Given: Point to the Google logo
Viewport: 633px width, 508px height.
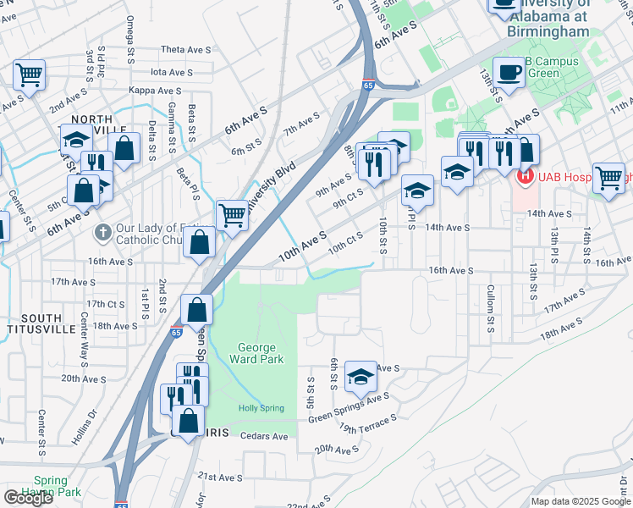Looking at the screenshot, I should pos(28,498).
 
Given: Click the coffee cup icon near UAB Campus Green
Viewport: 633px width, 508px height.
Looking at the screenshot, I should pos(509,72).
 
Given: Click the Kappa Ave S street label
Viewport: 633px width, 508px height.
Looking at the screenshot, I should pos(156,91).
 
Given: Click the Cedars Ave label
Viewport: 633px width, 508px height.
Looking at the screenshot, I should pos(264,436).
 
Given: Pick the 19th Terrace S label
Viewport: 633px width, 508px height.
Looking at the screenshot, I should pos(368,423).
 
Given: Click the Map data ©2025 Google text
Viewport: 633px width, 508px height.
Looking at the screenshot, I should pos(580,501).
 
